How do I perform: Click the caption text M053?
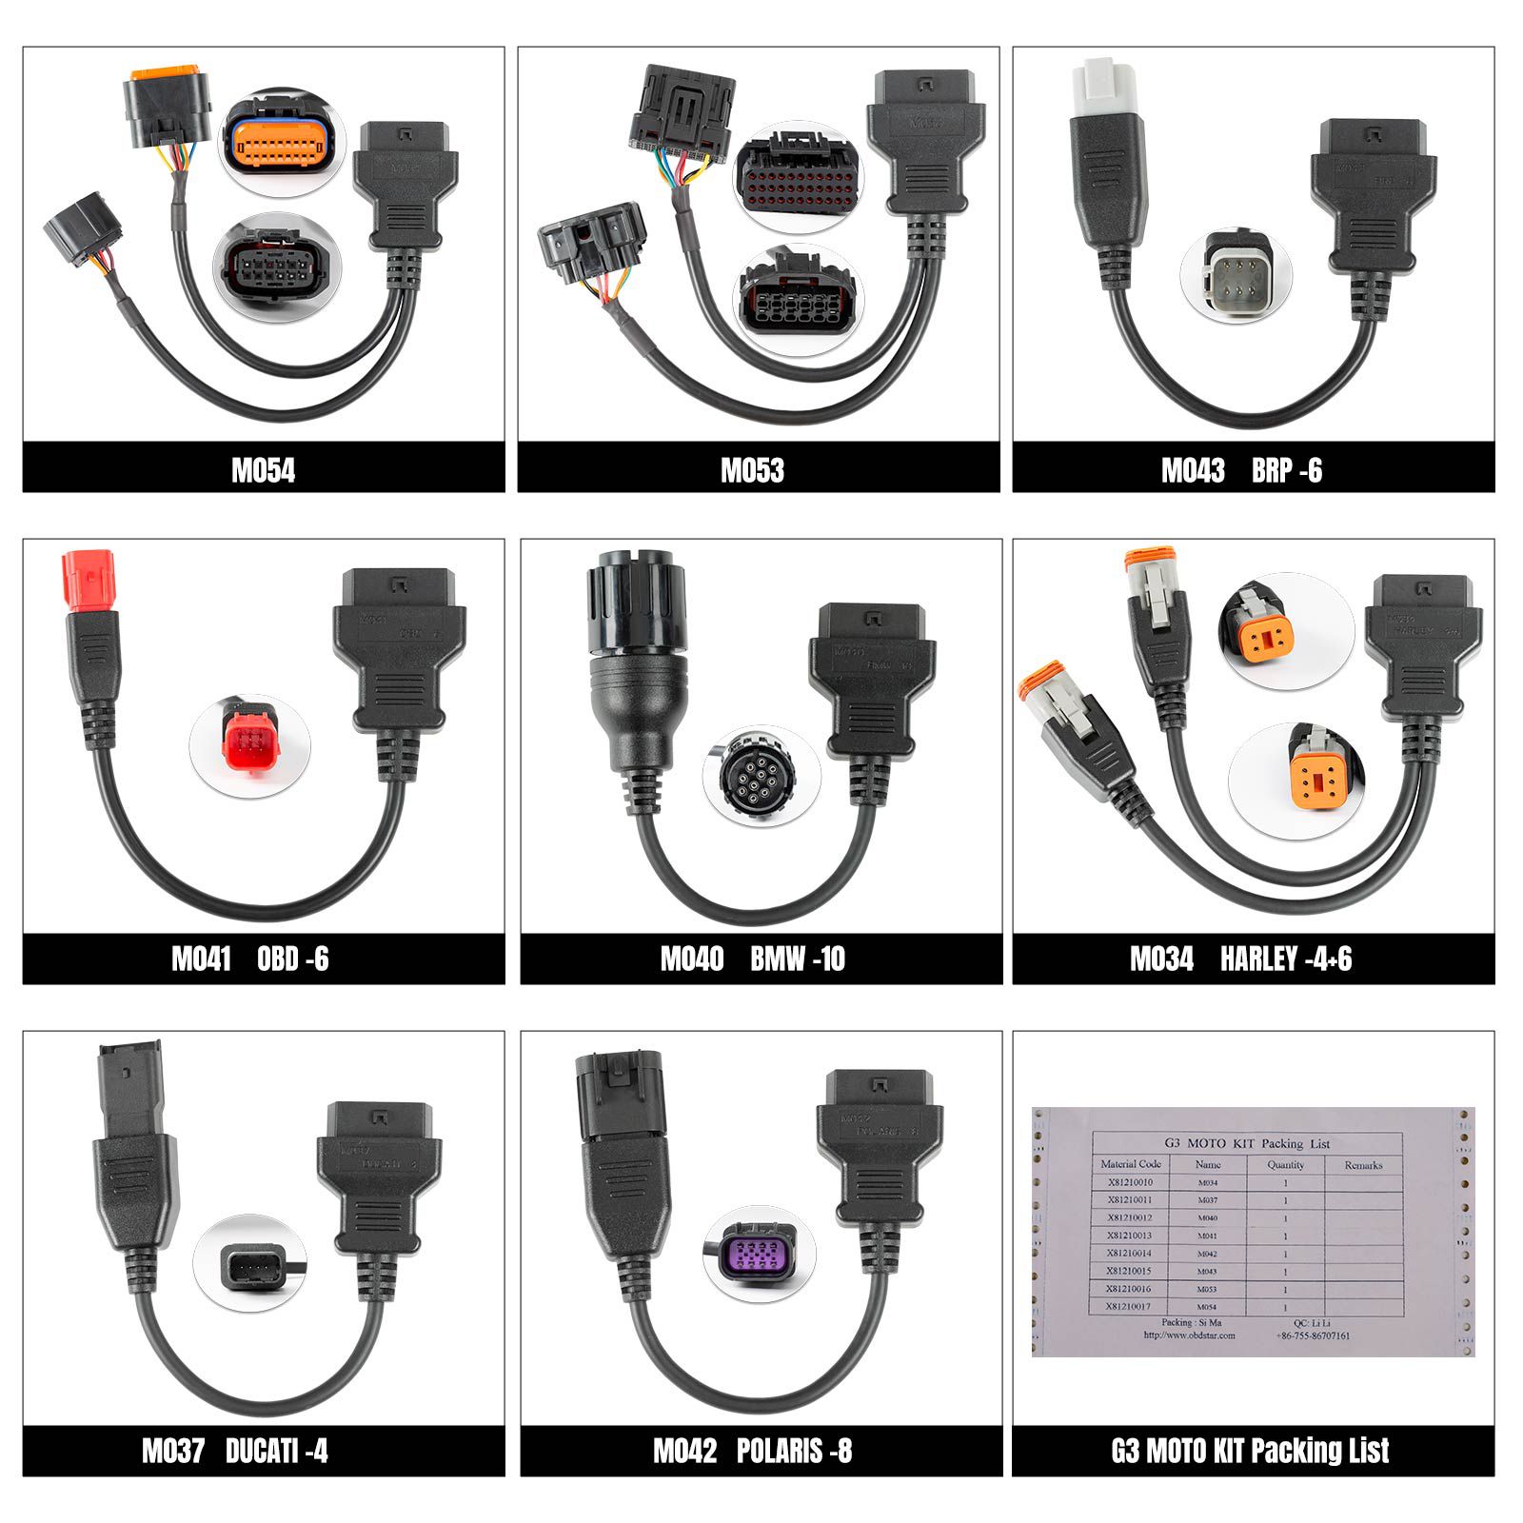(x=752, y=470)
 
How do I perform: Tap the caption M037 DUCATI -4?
(x=235, y=1451)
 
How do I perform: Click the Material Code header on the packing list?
(x=1130, y=1164)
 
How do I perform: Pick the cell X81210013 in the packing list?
(x=1129, y=1236)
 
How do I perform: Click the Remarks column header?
(x=1363, y=1165)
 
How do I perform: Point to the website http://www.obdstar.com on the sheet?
(x=1189, y=1335)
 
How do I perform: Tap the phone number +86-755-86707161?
(x=1313, y=1335)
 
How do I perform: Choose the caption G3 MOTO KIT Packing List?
(x=1250, y=1451)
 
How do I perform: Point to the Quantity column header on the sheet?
(x=1285, y=1164)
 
